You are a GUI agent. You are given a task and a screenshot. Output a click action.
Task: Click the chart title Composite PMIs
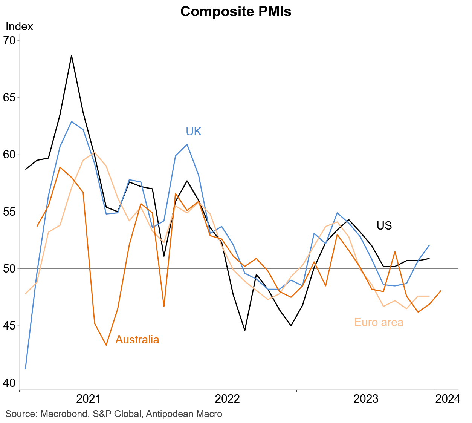pos(236,12)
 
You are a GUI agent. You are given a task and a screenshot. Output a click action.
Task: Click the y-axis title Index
pos(19,26)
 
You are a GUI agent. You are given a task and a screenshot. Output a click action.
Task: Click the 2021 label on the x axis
pos(89,399)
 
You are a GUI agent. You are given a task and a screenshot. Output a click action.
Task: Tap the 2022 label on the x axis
pos(227,399)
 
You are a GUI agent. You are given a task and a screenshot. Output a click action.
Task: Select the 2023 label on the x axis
pos(366,399)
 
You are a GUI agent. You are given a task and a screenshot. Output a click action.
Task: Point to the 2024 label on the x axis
pos(448,399)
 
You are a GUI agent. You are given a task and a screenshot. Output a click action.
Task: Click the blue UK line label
pos(194,132)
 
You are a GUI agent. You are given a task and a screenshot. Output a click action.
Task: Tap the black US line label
pos(384,226)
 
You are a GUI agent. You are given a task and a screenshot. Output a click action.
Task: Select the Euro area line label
pos(379,323)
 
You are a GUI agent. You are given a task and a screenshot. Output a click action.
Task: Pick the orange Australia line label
pos(137,340)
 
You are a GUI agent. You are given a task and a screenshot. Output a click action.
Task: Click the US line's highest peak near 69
pos(72,55)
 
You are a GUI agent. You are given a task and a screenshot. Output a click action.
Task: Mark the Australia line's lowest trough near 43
pos(106,345)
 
